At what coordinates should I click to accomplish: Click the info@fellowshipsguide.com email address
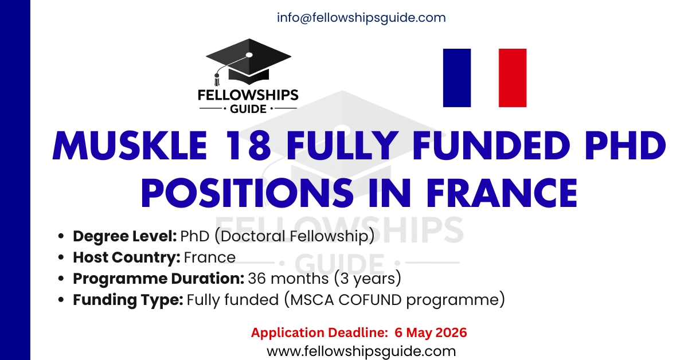361,18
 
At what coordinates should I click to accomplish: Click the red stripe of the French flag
512,78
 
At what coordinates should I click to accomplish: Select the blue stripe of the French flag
457,78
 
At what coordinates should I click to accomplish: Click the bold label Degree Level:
124,236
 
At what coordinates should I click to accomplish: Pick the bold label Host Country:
127,257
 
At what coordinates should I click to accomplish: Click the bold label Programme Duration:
158,279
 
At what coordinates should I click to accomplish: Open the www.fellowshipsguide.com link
361,351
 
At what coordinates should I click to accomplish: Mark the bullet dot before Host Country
61,258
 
